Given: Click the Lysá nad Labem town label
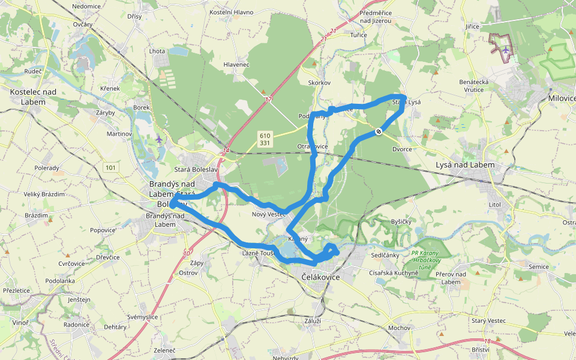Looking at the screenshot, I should pyautogui.click(x=465, y=164).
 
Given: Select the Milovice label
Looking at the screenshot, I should pyautogui.click(x=562, y=98).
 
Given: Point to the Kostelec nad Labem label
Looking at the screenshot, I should pyautogui.click(x=33, y=97).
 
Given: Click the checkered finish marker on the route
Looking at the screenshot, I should pyautogui.click(x=379, y=131).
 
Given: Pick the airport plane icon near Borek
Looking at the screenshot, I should pyautogui.click(x=158, y=139).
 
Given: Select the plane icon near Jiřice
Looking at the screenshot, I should pyautogui.click(x=506, y=50).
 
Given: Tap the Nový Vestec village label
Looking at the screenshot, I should pyautogui.click(x=269, y=214).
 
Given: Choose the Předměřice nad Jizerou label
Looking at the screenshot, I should pyautogui.click(x=375, y=16).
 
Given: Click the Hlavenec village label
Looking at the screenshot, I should pyautogui.click(x=236, y=64).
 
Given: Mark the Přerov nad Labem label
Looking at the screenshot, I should pyautogui.click(x=451, y=278).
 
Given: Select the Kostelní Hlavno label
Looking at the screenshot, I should pyautogui.click(x=231, y=12).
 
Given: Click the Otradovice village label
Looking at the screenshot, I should pyautogui.click(x=312, y=146).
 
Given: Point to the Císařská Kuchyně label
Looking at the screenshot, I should pyautogui.click(x=394, y=272).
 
